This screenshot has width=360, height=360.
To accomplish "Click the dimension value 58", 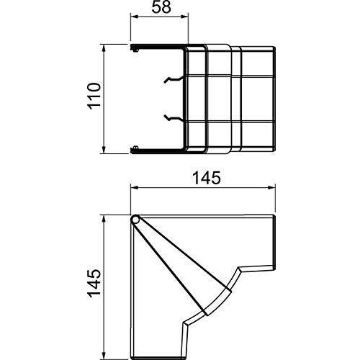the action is [x=161, y=8].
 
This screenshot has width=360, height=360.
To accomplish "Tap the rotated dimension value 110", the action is [x=94, y=96].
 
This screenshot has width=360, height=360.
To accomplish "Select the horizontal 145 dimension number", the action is [x=207, y=179].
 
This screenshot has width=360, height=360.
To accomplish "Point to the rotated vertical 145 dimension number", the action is [x=94, y=283].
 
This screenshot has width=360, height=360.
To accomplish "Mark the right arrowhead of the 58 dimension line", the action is [x=184, y=17].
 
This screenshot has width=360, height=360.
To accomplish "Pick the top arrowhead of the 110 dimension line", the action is [x=104, y=49].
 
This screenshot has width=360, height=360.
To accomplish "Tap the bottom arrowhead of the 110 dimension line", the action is [x=104, y=149].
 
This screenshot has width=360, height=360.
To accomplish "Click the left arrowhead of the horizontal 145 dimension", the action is [x=135, y=188].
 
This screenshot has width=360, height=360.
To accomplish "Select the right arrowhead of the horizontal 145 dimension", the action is [x=271, y=188].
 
